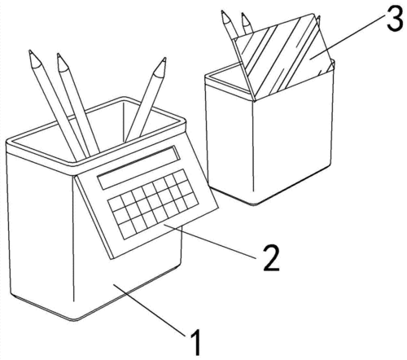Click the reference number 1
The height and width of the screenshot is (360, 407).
tap(196, 342)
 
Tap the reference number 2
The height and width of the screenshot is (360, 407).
tap(271, 257)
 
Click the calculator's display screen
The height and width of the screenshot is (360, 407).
tap(139, 168)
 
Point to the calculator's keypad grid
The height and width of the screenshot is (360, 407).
tap(153, 204)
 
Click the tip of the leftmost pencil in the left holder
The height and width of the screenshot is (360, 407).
tap(30, 51)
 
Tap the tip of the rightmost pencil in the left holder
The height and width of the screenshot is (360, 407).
tap(164, 59)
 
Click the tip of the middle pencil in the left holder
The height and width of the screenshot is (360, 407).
tap(59, 55)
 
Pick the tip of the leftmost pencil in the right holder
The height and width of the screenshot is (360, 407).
tap(222, 11)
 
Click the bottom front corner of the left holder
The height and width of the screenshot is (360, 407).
tap(75, 320)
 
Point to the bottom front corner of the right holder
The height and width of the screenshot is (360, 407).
tap(254, 204)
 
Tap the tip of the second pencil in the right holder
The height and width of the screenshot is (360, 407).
tap(243, 13)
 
